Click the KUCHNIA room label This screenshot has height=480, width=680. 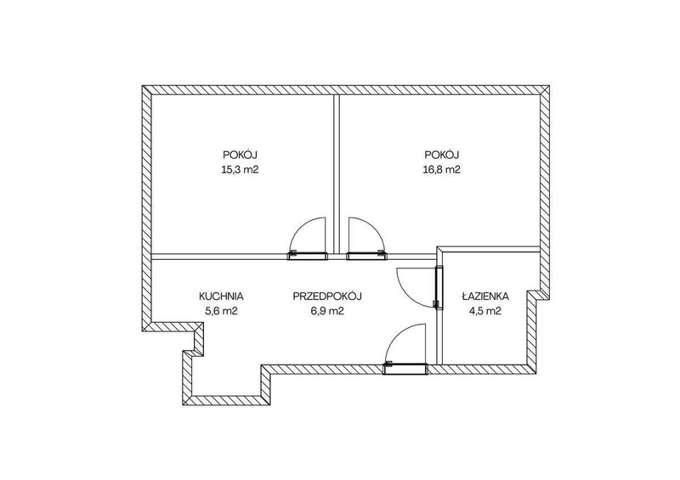tap(221, 296)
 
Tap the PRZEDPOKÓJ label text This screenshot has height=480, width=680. tap(327, 296)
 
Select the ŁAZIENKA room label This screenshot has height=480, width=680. tap(485, 296)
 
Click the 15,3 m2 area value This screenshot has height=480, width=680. tap(240, 170)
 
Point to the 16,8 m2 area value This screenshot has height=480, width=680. tap(441, 170)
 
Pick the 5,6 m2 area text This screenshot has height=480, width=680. tap(221, 311)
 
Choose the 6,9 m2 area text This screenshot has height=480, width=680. tap(327, 311)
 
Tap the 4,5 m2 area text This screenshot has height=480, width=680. tap(484, 311)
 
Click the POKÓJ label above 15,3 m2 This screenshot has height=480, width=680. tap(241, 155)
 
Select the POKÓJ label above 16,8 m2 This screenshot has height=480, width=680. tap(442, 155)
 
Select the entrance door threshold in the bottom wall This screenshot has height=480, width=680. tap(405, 369)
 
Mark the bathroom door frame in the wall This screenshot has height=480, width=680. tap(440, 287)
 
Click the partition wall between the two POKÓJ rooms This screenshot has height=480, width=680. tap(337, 174)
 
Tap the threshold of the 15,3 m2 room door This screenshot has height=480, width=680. tap(307, 256)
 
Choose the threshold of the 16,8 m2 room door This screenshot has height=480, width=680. tap(366, 256)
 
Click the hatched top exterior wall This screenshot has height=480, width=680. tap(347, 90)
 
